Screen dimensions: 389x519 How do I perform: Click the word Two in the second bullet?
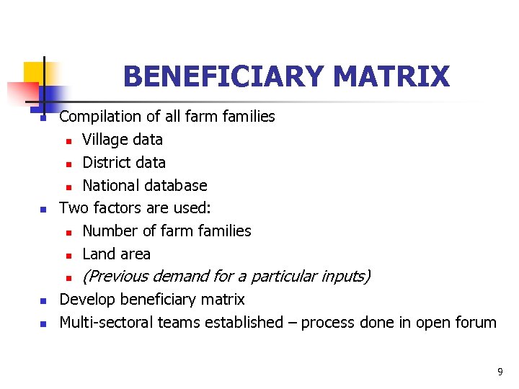72,208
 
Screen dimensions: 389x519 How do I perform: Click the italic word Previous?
118,276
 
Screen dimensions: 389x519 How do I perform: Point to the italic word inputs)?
346,276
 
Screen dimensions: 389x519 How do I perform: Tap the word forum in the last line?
474,322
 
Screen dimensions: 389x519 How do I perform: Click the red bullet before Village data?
68,140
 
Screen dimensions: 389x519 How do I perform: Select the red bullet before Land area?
68,255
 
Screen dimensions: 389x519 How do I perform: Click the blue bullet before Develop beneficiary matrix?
43,300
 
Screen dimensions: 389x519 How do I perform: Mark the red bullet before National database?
68,187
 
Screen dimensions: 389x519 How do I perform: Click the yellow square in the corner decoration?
34,72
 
